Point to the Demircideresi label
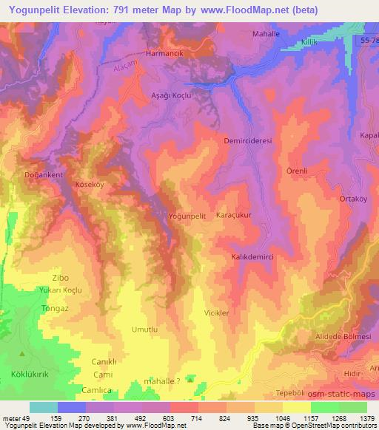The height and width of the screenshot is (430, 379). [x=249, y=139]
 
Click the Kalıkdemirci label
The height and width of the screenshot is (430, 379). [x=254, y=256]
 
